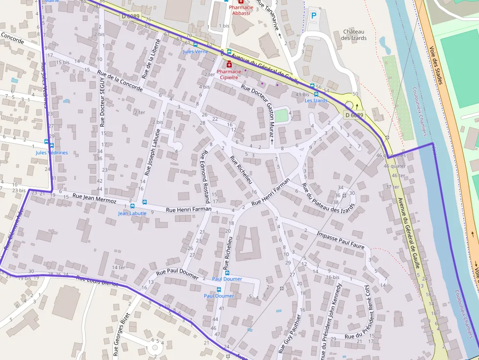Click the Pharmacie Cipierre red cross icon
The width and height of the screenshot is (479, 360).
click(x=229, y=64)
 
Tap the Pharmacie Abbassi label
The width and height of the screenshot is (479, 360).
click(x=241, y=10)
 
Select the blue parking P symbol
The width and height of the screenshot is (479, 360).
click(x=314, y=16)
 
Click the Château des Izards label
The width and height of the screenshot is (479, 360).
click(x=354, y=35)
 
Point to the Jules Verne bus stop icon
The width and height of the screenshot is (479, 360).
click(x=196, y=44)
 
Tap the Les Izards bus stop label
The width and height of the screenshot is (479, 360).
click(x=316, y=101)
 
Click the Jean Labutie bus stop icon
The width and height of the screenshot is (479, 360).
click(x=132, y=206)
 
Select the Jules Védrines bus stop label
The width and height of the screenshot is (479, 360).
click(x=52, y=152)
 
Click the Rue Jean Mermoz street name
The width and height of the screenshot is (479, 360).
click(x=94, y=198)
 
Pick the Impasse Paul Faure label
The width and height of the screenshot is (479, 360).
click(x=341, y=240)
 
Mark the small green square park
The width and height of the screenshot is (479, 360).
click(x=281, y=116)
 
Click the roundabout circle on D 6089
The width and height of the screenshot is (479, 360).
click(x=349, y=105)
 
